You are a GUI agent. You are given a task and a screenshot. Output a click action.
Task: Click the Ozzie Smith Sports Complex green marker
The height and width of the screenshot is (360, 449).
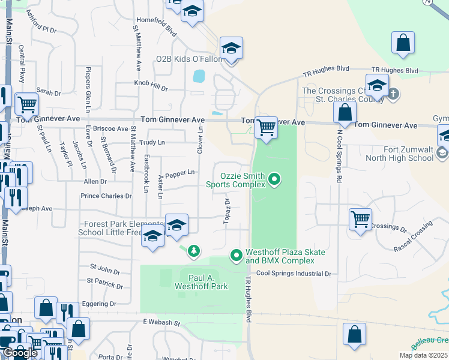tap(274, 179)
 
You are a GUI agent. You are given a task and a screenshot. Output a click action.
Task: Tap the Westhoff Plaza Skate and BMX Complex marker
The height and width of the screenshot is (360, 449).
tap(236, 256)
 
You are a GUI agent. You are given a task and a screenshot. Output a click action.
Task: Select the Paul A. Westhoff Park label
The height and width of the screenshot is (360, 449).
tap(200, 282)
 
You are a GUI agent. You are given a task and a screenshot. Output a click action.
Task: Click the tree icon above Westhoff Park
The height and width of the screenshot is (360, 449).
tap(193, 250)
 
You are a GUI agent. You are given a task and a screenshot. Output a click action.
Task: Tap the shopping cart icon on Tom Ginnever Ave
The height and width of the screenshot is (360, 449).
tap(265, 128)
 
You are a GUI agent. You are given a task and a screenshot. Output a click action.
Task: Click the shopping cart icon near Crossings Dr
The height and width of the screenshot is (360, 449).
tap(360, 219)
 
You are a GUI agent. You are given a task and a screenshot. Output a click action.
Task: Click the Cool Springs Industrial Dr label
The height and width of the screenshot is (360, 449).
tap(294, 274)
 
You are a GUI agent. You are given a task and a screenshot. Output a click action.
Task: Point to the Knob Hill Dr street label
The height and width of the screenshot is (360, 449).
tap(151, 86)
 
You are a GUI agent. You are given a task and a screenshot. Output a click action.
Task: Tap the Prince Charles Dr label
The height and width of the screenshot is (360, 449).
tap(106, 196)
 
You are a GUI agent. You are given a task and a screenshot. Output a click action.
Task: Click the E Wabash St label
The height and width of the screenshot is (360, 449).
tap(161, 323)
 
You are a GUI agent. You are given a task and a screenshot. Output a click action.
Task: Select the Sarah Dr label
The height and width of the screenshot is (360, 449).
tap(49, 92)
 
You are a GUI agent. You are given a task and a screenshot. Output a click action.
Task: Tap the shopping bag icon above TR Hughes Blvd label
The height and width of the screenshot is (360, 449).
tap(403, 43)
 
